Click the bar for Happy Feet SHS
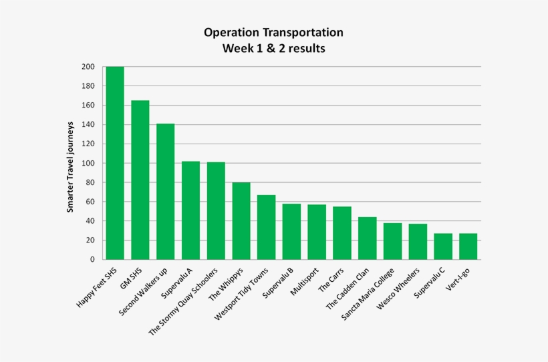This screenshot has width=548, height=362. (115, 163)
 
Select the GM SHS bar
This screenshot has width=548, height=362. (140, 180)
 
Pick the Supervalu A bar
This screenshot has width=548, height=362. (190, 210)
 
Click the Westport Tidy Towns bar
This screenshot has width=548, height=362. (266, 227)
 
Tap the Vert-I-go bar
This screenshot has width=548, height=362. (468, 246)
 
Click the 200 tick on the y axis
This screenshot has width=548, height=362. (88, 67)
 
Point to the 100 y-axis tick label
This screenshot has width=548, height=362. (88, 163)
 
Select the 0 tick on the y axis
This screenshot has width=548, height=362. (92, 260)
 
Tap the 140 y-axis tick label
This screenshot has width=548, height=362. (88, 125)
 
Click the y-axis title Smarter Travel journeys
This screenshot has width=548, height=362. (70, 163)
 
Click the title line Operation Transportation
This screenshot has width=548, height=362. (274, 33)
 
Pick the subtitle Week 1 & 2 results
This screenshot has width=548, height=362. (274, 49)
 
